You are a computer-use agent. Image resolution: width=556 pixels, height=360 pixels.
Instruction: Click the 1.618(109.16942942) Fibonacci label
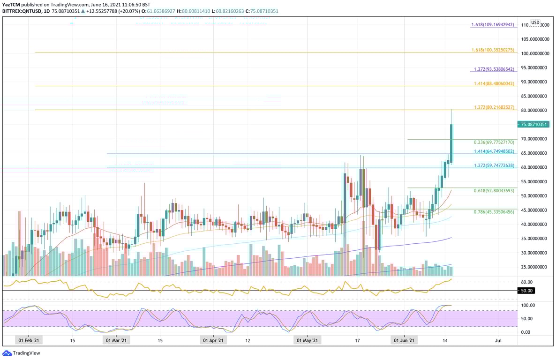[x=494, y=24]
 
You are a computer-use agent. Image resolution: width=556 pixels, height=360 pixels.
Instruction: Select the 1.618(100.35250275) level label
[x=494, y=50]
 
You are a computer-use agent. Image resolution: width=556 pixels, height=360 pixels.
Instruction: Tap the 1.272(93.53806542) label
[x=494, y=69]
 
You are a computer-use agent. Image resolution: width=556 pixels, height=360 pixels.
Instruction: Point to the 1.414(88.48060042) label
[x=494, y=83]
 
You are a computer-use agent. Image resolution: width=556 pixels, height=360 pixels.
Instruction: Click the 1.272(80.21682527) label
[x=494, y=107]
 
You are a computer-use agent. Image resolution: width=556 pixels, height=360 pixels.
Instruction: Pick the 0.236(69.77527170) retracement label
[x=494, y=142]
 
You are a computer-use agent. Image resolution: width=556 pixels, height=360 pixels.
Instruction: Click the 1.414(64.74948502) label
[x=494, y=151]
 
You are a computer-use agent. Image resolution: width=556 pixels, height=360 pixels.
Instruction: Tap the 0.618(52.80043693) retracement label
[x=494, y=190]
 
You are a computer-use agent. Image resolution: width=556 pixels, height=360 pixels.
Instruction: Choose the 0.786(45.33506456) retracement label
[x=494, y=211]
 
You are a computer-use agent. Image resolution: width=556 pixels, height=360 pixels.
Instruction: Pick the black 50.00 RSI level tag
[x=527, y=291]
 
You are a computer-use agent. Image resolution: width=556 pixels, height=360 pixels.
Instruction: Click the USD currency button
[x=535, y=22]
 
